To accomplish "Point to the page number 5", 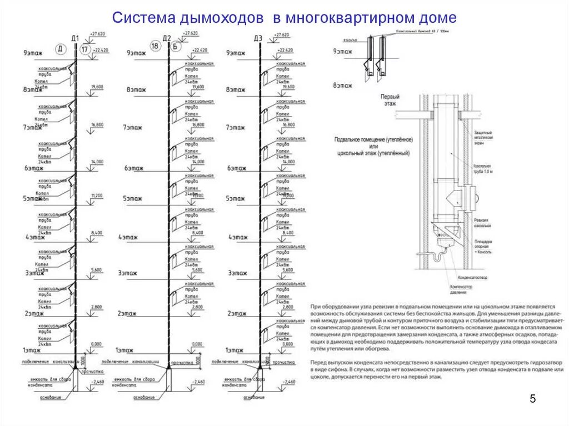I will point(532,399).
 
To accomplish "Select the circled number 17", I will point(84,49).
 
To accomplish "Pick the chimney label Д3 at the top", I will point(257,38).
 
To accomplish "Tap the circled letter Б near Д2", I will point(174,47).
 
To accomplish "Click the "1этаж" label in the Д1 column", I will point(31,350).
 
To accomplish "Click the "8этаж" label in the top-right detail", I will point(342,85).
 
